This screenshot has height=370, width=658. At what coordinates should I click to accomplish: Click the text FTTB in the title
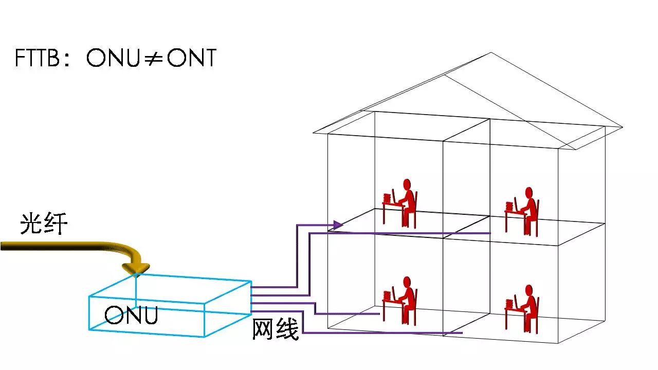click(x=38, y=58)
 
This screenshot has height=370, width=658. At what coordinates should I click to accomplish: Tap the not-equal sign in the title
click(x=152, y=59)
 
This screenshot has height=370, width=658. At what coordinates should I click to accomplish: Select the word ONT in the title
click(x=192, y=58)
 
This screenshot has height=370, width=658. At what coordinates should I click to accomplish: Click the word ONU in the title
click(x=113, y=58)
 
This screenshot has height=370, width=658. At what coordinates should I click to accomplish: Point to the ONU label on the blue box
click(x=131, y=314)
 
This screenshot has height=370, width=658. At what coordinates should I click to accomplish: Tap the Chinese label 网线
click(x=276, y=329)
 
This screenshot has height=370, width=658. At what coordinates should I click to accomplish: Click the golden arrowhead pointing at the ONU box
click(x=135, y=269)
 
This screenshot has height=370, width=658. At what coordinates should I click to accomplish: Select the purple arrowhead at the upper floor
click(x=338, y=225)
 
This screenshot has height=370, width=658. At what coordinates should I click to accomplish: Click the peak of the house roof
click(x=491, y=52)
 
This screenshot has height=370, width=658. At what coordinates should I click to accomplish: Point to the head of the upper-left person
click(x=407, y=183)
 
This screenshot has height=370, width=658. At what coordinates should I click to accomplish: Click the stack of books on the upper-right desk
click(x=509, y=206)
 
